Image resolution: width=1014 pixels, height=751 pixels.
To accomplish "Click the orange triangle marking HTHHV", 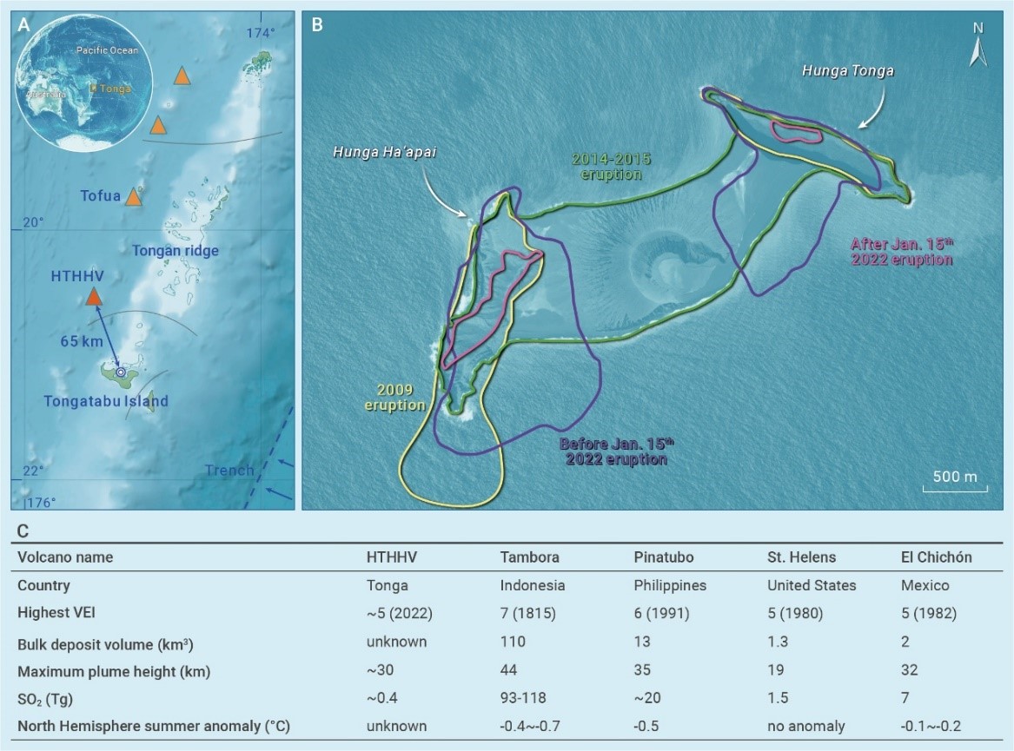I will pyautogui.click(x=93, y=298).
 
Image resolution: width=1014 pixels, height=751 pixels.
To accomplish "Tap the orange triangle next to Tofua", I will pyautogui.click(x=133, y=198).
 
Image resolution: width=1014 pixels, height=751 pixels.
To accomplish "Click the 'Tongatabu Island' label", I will pyautogui.click(x=107, y=401).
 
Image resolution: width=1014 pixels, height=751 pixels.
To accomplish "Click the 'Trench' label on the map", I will pyautogui.click(x=229, y=471).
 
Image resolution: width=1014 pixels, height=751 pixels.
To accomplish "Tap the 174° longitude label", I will pyautogui.click(x=260, y=33).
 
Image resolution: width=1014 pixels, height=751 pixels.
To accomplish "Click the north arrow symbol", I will pyautogui.click(x=978, y=48).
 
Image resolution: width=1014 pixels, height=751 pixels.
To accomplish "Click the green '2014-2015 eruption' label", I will pyautogui.click(x=611, y=166).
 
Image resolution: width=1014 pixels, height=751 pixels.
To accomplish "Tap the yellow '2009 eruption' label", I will pyautogui.click(x=394, y=399).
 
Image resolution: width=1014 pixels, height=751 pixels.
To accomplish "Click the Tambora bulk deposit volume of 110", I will pyautogui.click(x=513, y=641).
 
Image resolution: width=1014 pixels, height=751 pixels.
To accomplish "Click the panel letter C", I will pyautogui.click(x=23, y=529).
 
